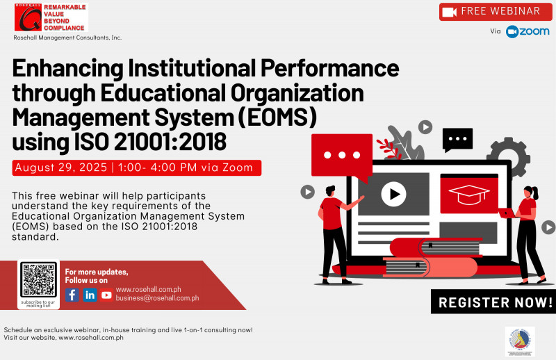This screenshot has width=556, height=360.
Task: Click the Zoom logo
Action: click(528, 32)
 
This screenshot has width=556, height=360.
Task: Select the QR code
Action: click(38, 280)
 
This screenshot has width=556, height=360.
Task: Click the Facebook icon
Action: click(72, 295)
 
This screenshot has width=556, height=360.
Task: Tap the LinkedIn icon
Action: click(90, 295)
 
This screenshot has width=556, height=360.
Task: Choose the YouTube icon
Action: click(106, 295)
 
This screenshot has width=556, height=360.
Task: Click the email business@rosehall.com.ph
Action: click(157, 298)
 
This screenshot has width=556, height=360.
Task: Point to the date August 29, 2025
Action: click(60, 167)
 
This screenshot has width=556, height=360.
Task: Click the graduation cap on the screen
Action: click(469, 194)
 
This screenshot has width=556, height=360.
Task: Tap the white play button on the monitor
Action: click(393, 194)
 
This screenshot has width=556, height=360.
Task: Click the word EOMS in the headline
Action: click(284, 116)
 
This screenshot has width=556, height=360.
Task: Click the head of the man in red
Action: click(330, 190)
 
